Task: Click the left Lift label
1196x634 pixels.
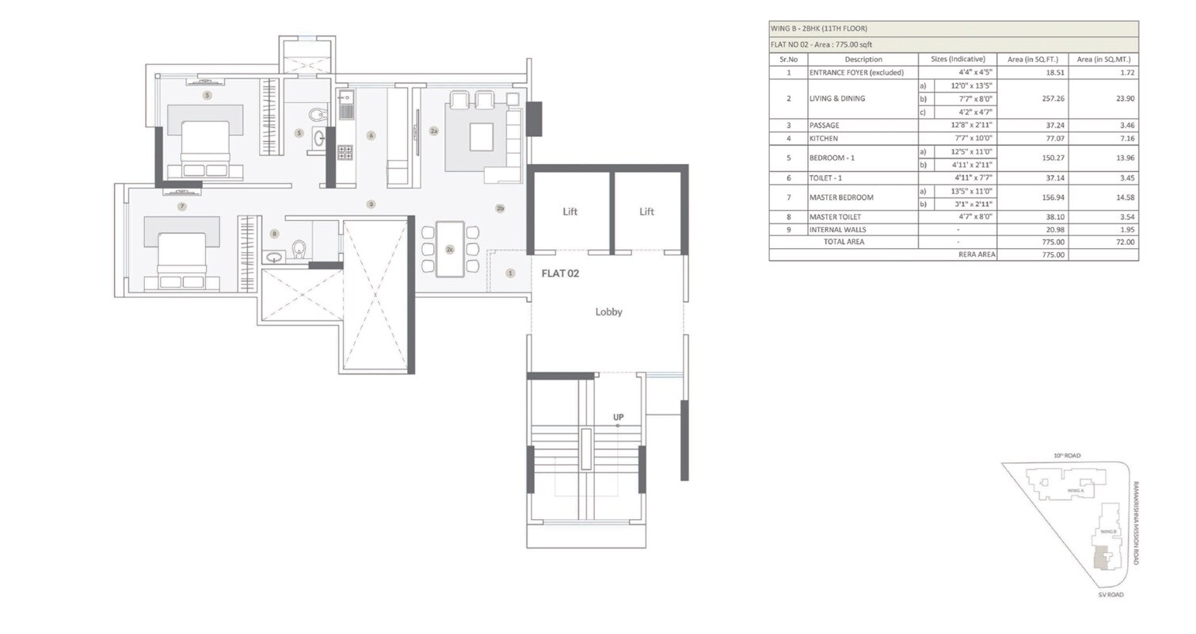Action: [569, 212]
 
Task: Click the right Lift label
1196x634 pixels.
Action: [646, 212]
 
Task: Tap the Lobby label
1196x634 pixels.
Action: [608, 312]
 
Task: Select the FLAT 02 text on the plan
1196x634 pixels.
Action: [560, 273]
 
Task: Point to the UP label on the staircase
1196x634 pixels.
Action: [618, 417]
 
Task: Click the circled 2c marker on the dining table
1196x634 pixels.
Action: [449, 250]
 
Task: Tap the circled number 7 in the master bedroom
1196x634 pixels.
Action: [181, 207]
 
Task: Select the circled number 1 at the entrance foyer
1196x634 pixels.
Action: [509, 273]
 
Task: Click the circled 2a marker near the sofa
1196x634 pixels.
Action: [433, 131]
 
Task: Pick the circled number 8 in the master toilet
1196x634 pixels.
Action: [274, 234]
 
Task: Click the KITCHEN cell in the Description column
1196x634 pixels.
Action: [823, 139]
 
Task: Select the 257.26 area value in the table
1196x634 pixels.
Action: [1032, 99]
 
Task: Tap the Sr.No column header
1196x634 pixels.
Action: [788, 59]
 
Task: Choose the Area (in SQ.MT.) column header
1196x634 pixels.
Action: [1103, 59]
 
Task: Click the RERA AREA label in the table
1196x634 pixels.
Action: [976, 255]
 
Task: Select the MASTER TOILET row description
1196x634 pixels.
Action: [835, 217]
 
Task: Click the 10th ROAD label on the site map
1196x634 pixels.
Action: [1066, 456]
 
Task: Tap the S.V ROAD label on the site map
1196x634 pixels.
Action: [1110, 594]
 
